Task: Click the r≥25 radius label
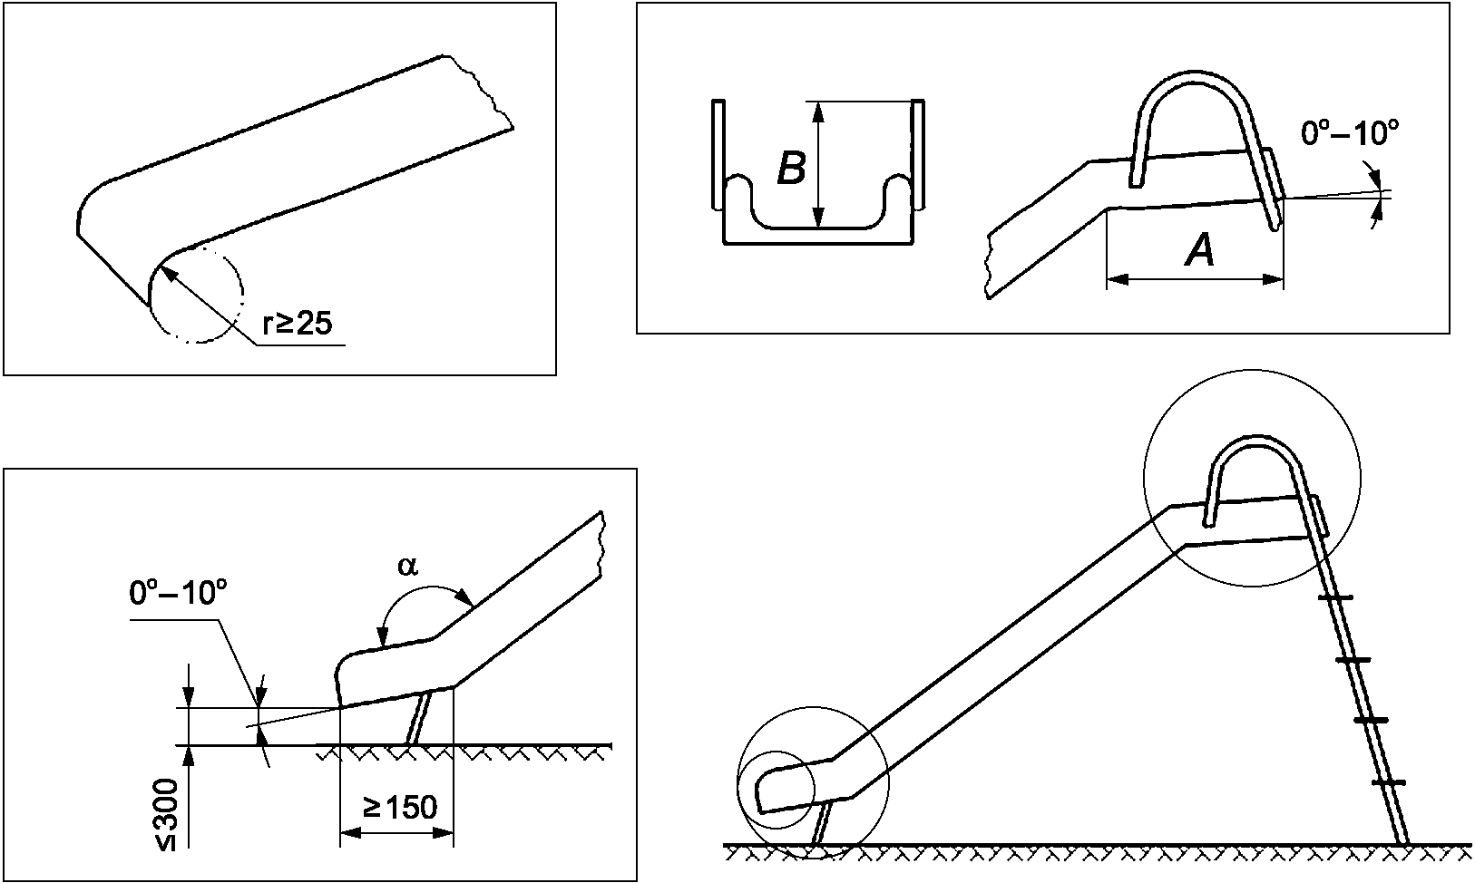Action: point(297,324)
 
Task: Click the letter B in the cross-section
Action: point(792,168)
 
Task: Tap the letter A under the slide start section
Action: point(1200,251)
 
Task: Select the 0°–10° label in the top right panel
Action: point(1350,133)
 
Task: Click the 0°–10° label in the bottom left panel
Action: point(179,594)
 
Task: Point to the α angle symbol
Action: point(408,566)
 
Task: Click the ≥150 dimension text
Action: point(400,808)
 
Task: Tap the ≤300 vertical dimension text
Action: point(168,815)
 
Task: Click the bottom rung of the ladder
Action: point(1389,782)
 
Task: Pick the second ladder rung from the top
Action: point(1353,659)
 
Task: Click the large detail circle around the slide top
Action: point(1144,477)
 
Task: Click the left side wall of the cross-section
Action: point(718,155)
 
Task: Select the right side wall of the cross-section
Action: point(918,155)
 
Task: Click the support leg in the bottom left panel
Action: point(420,717)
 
